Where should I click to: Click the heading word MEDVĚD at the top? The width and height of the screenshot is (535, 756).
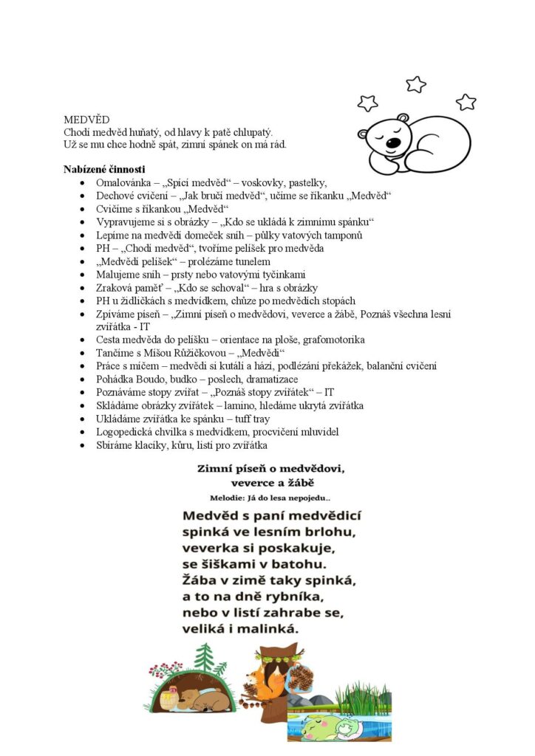click(86, 119)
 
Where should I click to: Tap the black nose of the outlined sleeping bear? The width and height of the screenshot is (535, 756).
click(395, 142)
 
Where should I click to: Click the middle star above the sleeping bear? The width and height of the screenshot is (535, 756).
click(416, 84)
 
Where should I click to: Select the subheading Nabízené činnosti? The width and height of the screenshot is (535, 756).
click(104, 168)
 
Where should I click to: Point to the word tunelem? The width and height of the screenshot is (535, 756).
click(253, 261)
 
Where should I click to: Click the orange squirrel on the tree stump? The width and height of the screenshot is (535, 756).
click(273, 680)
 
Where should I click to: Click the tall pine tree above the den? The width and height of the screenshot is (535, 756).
click(204, 656)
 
